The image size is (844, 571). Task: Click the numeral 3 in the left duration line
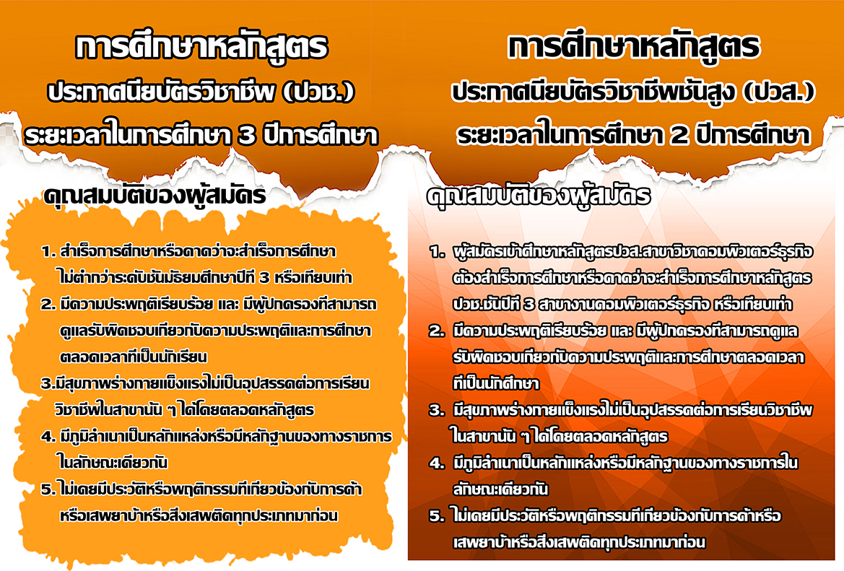[246, 136]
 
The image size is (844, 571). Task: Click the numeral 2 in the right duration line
[679, 136]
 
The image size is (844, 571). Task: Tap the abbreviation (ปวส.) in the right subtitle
[779, 92]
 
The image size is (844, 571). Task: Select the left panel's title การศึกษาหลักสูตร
[202, 46]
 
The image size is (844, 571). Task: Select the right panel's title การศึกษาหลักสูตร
[634, 46]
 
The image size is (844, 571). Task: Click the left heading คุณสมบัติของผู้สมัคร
[155, 195]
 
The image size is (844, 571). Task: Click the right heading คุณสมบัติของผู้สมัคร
[539, 196]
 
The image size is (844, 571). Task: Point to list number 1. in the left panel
[48, 251]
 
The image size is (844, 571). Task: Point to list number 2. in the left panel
[48, 305]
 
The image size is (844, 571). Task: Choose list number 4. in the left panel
[48, 437]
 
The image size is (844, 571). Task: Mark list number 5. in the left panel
[48, 489]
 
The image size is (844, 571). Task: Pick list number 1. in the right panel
[437, 252]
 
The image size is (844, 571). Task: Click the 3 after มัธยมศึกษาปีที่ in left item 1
[264, 278]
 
